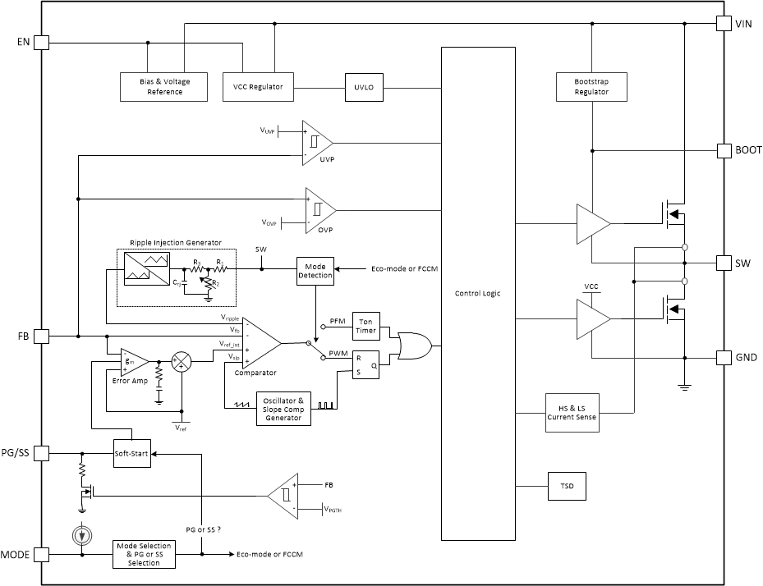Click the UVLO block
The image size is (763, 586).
coord(365,88)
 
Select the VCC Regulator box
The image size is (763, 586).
coord(259,87)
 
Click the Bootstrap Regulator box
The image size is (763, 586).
coord(591,87)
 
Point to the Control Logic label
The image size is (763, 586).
coord(478,293)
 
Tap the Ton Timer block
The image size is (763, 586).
coord(365,326)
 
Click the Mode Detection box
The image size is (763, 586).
coord(316,271)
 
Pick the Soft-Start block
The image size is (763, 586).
coord(132,454)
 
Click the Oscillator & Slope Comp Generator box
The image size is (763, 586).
coord(285,408)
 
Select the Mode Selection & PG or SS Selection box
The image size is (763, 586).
coord(144,555)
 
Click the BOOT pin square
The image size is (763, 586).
coord(724,151)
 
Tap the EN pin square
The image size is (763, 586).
coord(42,43)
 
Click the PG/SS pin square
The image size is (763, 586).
coord(42,452)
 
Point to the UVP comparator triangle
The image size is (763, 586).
coord(316,141)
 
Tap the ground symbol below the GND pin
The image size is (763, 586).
coord(683,386)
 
